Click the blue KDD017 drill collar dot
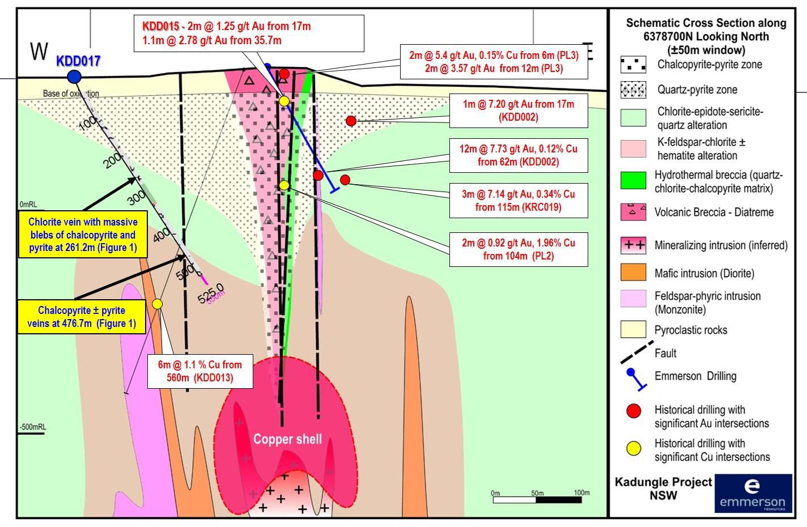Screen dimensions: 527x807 coord(74,76)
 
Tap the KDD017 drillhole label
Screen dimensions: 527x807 coord(78,61)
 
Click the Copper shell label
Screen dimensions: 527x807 coord(287,439)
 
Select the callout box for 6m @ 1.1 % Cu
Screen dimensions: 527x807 coord(200,371)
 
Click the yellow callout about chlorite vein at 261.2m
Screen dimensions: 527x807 coord(82,235)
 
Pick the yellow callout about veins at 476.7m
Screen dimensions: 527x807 coord(82,317)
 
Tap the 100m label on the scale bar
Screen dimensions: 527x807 coord(581,492)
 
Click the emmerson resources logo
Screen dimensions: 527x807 coord(753,493)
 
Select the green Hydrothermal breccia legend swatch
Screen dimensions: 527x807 coord(633,180)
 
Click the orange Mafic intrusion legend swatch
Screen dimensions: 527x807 coord(633,273)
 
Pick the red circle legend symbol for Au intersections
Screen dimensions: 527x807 coord(633,411)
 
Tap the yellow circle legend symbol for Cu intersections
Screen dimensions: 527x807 coord(633,449)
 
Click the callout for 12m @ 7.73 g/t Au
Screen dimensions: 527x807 coord(518,155)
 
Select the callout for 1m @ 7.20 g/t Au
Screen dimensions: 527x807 coord(518,110)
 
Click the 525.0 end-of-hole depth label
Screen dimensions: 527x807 coord(210,294)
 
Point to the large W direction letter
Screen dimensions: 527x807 coord(39,52)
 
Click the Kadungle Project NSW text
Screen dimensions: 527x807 coord(663,488)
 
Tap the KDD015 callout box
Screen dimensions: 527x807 coord(249,33)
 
